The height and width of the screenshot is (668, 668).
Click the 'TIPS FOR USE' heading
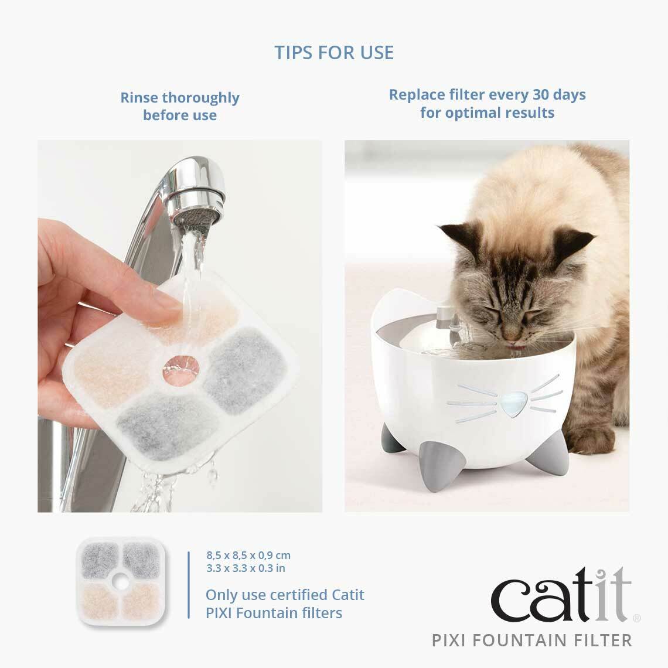[334, 52]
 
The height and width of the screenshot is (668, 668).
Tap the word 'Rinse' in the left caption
[139, 97]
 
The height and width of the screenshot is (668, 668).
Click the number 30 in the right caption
[541, 94]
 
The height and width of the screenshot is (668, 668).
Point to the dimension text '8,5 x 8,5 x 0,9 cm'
[248, 555]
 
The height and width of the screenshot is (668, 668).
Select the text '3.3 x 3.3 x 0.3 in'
[246, 568]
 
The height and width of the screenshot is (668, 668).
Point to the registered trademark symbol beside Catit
[638, 617]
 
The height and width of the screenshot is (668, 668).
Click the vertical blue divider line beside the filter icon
[189, 584]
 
